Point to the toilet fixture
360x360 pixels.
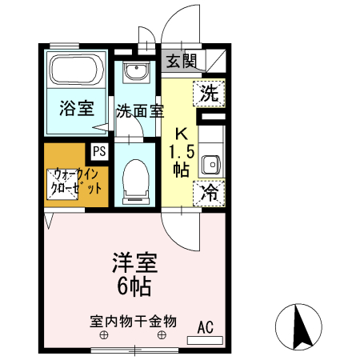pyautogui.click(x=137, y=177)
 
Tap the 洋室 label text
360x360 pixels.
pyautogui.click(x=133, y=263)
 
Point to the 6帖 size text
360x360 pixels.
pyautogui.click(x=133, y=286)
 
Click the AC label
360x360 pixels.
pyautogui.click(x=206, y=326)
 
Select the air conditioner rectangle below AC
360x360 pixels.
pyautogui.click(x=206, y=339)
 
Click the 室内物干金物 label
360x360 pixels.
pyautogui.click(x=132, y=322)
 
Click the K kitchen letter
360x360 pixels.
pyautogui.click(x=182, y=134)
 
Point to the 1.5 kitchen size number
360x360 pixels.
pyautogui.click(x=182, y=151)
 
